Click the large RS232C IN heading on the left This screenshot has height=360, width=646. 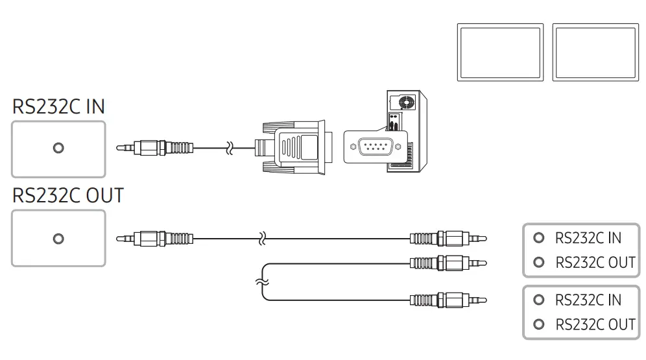pos(58,107)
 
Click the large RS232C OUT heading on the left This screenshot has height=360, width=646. pos(68,195)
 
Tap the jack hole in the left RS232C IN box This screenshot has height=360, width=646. pos(58,148)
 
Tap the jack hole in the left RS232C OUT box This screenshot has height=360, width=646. pos(58,239)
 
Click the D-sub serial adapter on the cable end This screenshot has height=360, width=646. pos(295,148)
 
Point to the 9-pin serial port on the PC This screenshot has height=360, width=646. pos(376,147)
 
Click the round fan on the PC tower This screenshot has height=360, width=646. pos(407,102)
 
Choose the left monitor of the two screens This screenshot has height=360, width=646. pos(500,53)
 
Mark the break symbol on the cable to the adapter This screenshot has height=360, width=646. pos(228,149)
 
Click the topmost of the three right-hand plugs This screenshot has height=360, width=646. pos(448,239)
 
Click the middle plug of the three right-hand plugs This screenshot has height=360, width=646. pos(448,263)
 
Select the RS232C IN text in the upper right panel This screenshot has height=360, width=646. pos(588,238)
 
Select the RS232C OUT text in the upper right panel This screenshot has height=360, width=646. pos(595,263)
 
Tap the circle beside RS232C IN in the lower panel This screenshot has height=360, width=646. pos(538,300)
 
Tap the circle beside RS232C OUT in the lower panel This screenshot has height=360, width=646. pos(538,324)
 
